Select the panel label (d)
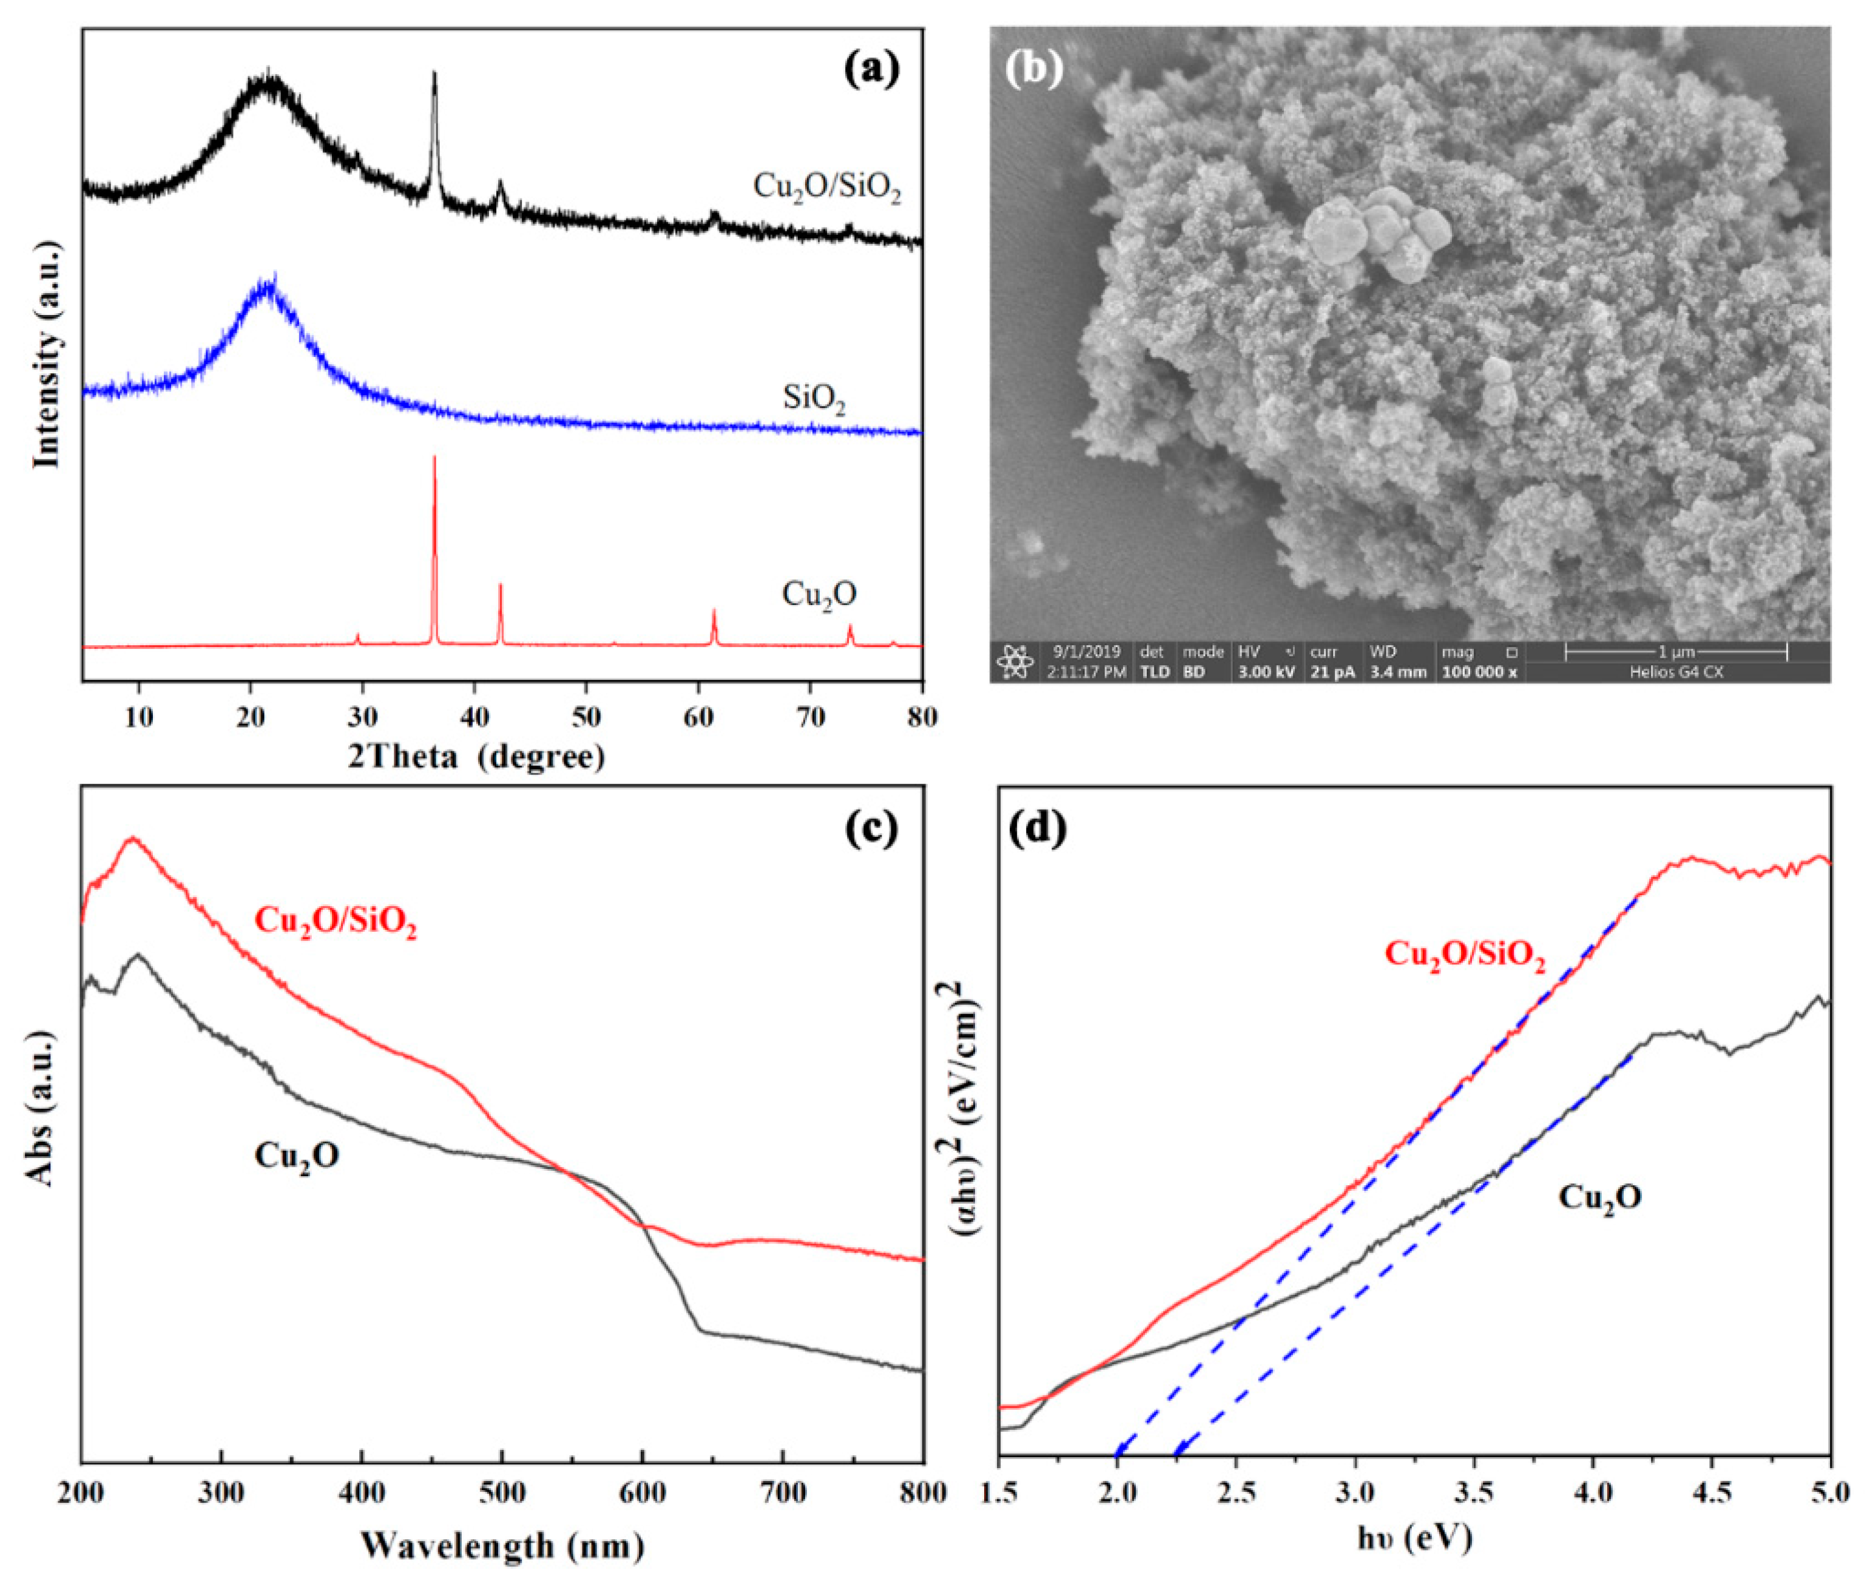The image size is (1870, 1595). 1038,828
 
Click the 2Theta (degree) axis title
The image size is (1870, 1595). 476,756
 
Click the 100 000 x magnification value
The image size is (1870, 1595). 1479,672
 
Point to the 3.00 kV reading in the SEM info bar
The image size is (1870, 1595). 1266,672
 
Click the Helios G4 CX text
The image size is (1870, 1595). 1676,672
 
